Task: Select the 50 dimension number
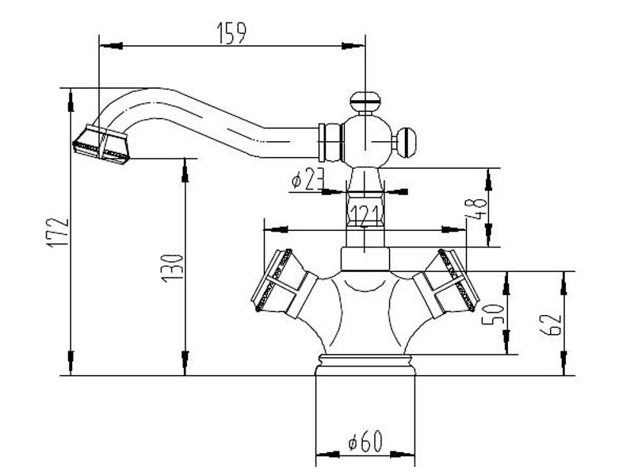coord(497,314)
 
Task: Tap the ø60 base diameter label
coord(365,442)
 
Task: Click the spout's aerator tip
coord(101,144)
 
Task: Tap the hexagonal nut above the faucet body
coord(364,259)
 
